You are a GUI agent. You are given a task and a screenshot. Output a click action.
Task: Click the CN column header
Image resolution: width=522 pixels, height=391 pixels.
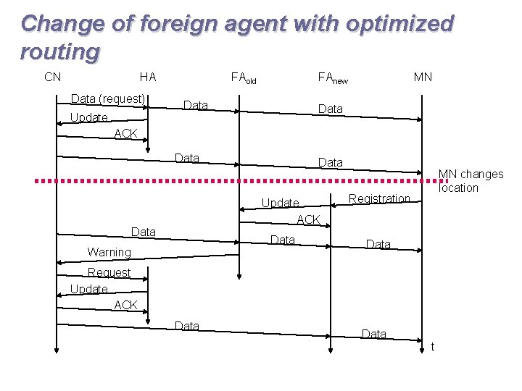pyautogui.click(x=52, y=77)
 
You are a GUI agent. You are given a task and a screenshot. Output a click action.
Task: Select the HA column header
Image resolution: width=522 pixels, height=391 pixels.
pyautogui.click(x=148, y=77)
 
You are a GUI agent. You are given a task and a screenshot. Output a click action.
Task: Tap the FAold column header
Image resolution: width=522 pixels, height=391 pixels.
pyautogui.click(x=243, y=77)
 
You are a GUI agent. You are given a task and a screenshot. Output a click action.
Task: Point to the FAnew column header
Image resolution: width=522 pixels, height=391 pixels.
pyautogui.click(x=333, y=77)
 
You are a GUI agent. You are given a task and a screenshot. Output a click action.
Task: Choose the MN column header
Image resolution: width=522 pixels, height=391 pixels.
pyautogui.click(x=423, y=77)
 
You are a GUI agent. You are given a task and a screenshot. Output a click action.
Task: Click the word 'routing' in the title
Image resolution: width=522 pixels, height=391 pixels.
pyautogui.click(x=60, y=52)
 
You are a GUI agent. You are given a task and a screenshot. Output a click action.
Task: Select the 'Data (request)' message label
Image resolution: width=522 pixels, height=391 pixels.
pyautogui.click(x=109, y=98)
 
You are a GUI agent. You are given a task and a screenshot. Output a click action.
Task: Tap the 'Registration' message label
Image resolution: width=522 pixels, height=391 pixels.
pyautogui.click(x=379, y=198)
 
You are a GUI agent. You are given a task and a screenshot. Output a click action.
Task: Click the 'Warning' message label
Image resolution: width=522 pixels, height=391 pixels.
pyautogui.click(x=109, y=252)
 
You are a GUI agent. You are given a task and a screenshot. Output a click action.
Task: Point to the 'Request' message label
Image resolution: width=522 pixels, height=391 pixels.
pyautogui.click(x=109, y=272)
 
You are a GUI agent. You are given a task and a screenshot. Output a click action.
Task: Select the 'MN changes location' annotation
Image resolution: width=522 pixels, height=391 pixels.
pyautogui.click(x=471, y=181)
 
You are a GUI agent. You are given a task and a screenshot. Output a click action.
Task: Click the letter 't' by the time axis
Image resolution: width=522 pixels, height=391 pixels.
pyautogui.click(x=433, y=346)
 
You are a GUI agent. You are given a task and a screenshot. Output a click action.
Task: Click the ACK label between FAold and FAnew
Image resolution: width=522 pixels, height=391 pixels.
pyautogui.click(x=309, y=219)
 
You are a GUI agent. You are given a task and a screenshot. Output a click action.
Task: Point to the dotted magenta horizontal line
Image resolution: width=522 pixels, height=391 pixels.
pyautogui.click(x=217, y=180)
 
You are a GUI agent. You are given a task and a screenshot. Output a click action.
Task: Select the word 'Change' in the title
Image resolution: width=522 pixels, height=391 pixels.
pyautogui.click(x=59, y=24)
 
